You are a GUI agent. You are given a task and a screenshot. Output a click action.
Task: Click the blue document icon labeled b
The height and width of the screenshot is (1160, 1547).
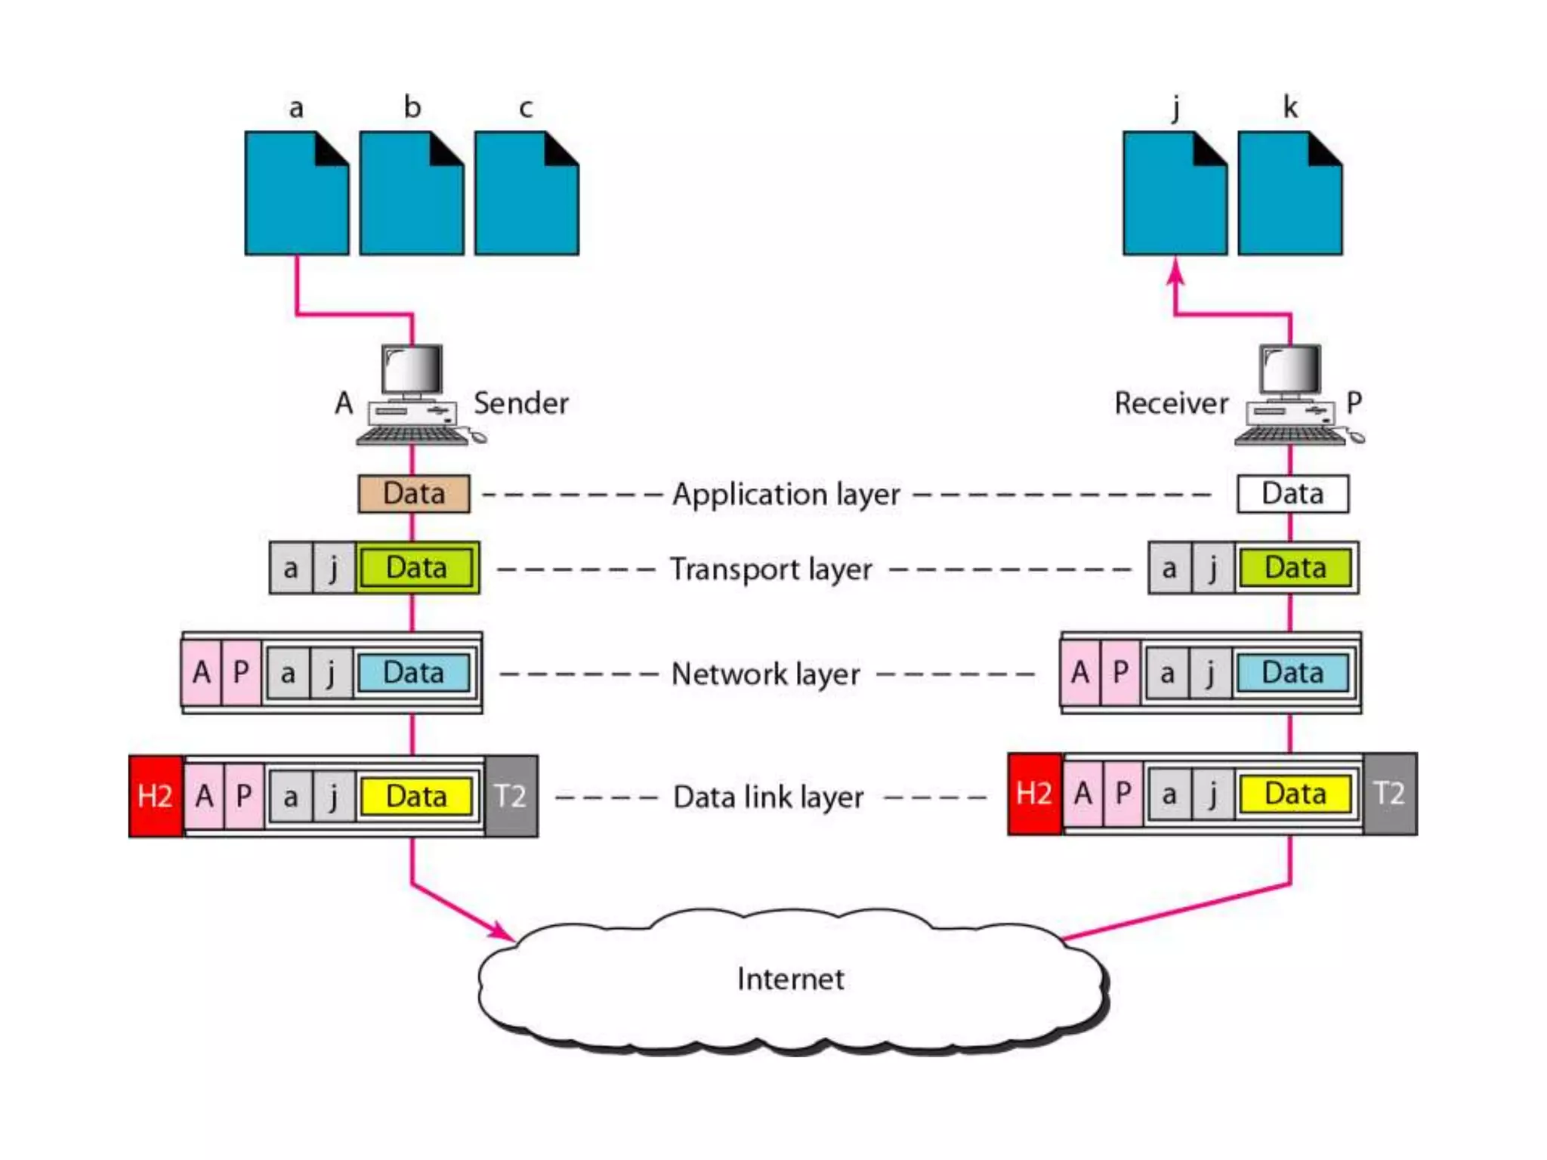[x=412, y=194]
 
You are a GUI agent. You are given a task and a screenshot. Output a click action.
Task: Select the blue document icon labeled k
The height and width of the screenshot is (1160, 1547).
[x=1289, y=194]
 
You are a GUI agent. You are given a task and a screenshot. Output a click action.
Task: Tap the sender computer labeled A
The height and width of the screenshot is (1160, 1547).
[x=414, y=396]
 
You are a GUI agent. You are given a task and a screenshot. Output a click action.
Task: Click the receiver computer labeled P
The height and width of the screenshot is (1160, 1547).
[x=1292, y=396]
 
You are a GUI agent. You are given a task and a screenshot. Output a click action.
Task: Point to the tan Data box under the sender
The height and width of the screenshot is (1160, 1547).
[x=414, y=494]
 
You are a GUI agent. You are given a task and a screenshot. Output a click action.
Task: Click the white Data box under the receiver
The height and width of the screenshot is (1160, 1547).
[x=1292, y=494]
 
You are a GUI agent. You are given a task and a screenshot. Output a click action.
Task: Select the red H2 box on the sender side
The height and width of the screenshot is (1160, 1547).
[x=156, y=796]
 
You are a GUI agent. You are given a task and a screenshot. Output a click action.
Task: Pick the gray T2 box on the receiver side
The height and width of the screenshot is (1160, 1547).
[x=1390, y=794]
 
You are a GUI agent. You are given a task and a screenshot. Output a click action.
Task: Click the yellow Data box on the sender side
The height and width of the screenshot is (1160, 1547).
[x=416, y=796]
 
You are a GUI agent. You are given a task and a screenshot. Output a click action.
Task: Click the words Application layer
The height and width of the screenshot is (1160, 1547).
[x=786, y=495]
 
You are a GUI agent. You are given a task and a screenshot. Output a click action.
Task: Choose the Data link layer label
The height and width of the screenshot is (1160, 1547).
[x=767, y=797]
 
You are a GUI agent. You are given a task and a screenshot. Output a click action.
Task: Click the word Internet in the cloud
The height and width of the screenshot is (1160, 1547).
[x=790, y=980]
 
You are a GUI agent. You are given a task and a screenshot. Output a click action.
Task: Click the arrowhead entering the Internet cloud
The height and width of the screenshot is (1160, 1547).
[x=502, y=931]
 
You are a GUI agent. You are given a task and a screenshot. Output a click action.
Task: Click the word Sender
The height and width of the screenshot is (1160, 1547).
[x=520, y=403]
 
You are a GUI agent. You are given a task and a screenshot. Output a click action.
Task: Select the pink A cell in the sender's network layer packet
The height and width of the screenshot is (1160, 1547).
[x=202, y=672]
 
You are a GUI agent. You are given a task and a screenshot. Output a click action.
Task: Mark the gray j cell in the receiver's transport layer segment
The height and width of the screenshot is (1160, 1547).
[x=1213, y=568]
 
